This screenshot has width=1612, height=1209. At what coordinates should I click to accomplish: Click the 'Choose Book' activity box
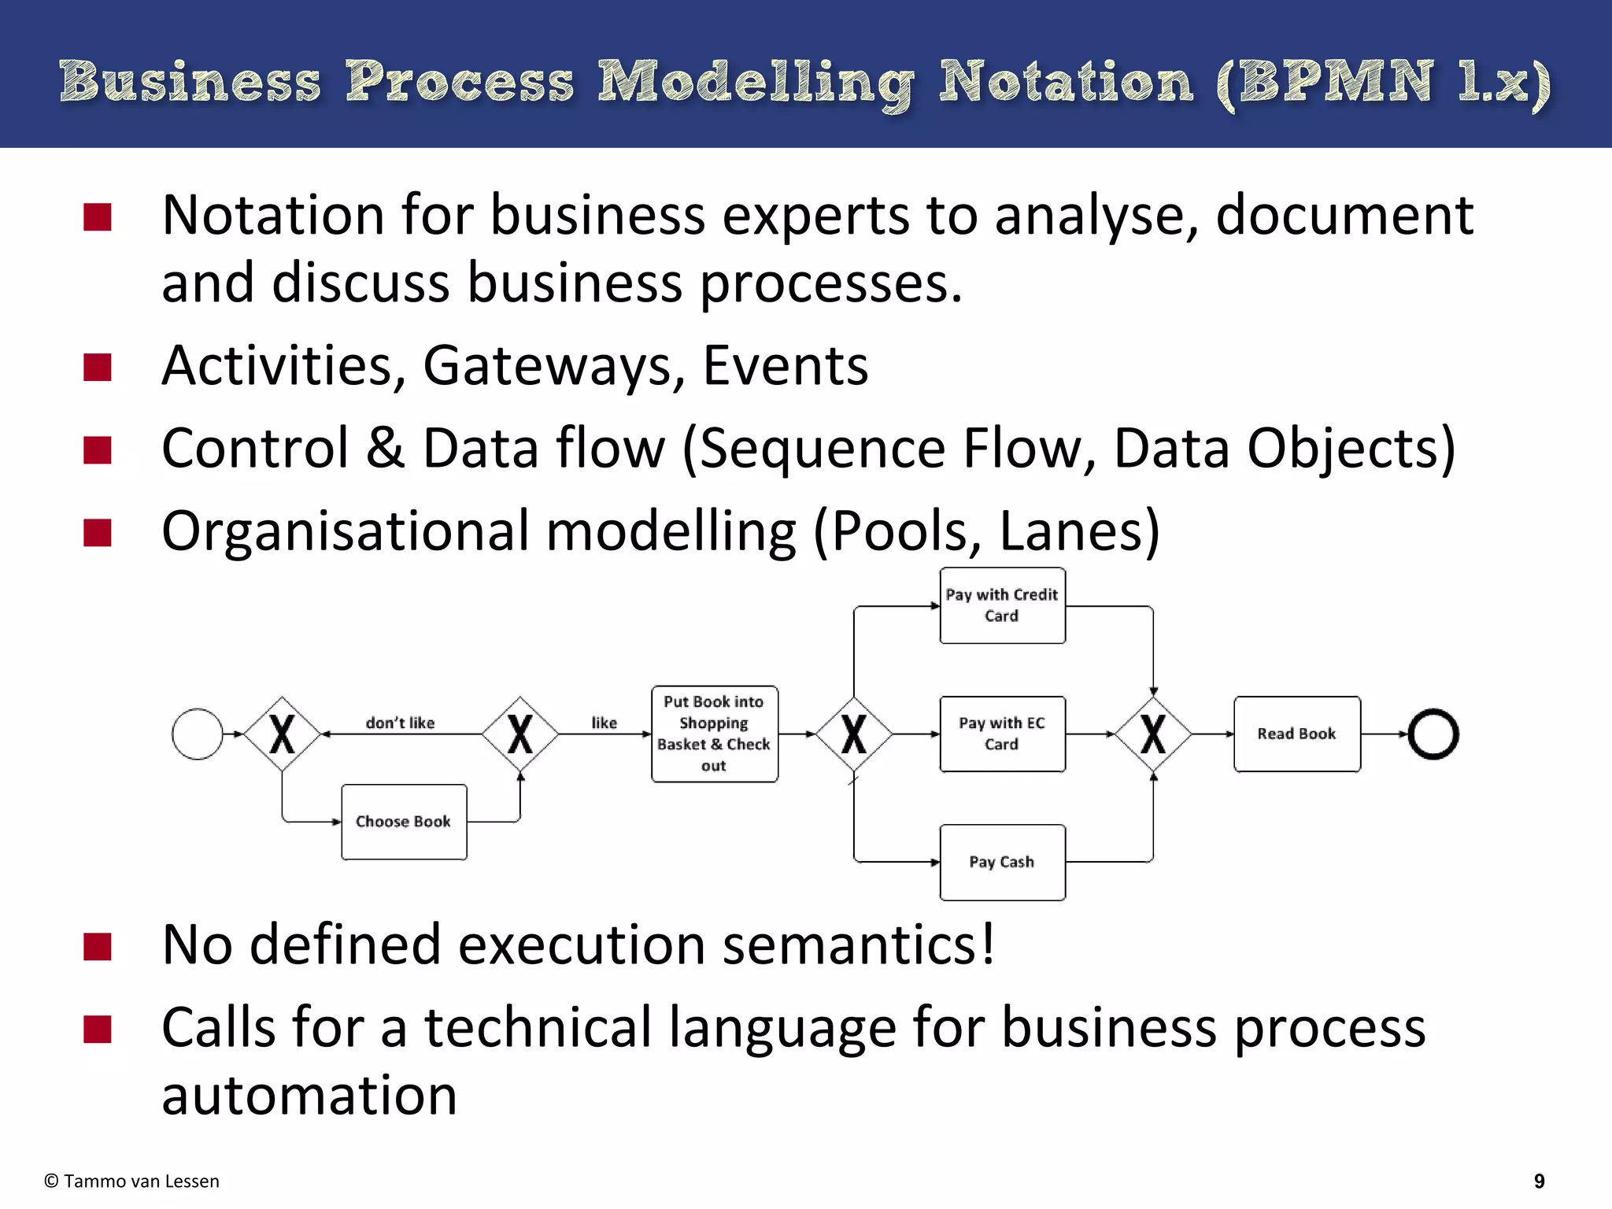pos(404,822)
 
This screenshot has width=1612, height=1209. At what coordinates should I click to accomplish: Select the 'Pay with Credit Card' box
pos(1002,605)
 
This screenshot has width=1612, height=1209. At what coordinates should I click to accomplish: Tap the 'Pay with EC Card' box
pos(1002,734)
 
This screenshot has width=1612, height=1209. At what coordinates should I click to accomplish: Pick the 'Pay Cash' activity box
pos(1002,862)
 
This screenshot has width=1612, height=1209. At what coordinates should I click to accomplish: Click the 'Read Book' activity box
pos(1296,734)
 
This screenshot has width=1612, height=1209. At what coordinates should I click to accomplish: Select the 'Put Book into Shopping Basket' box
pos(714,734)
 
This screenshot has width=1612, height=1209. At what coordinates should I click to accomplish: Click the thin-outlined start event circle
pos(197,734)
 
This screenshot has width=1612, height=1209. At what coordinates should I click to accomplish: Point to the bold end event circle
pos(1433,734)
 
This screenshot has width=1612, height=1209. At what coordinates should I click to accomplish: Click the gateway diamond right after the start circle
pos(282,734)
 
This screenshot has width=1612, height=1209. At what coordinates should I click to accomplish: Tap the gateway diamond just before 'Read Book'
pos(1153,734)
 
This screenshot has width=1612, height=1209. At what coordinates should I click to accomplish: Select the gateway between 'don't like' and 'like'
pos(519,734)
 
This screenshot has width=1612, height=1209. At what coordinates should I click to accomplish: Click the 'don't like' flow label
pos(400,723)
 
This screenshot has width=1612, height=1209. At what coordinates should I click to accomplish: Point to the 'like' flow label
pos(604,723)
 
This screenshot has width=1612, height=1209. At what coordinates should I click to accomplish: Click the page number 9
pos(1540,1181)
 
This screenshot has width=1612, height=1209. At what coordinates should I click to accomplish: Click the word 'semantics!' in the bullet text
pos(859,945)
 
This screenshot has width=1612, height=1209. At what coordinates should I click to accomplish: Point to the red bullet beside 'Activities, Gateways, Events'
pos(98,367)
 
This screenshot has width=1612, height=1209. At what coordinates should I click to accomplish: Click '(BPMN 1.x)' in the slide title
pos(1383,83)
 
